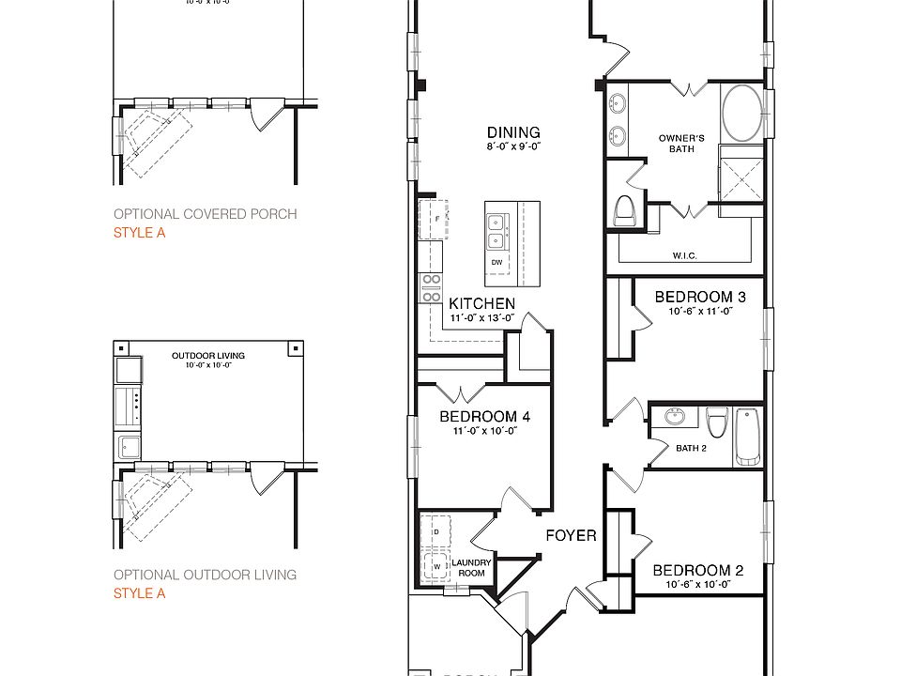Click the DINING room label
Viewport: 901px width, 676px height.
click(x=513, y=132)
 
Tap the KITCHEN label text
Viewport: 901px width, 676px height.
click(x=481, y=303)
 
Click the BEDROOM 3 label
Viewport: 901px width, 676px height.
click(x=699, y=297)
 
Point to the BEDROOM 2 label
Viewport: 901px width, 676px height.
click(x=697, y=570)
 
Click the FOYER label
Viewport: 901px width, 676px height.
click(x=572, y=535)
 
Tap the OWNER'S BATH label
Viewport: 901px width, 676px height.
click(x=682, y=144)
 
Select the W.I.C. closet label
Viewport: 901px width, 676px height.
click(x=684, y=255)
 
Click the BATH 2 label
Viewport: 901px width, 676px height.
click(x=691, y=448)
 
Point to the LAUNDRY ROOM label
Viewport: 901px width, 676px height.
click(x=470, y=568)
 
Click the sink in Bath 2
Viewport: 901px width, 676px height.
click(x=674, y=416)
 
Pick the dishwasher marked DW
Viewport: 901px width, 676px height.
click(x=496, y=263)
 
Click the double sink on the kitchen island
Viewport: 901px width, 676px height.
click(x=497, y=225)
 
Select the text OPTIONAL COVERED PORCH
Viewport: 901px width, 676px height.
click(x=205, y=214)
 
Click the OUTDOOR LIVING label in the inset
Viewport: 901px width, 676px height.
click(x=207, y=356)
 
